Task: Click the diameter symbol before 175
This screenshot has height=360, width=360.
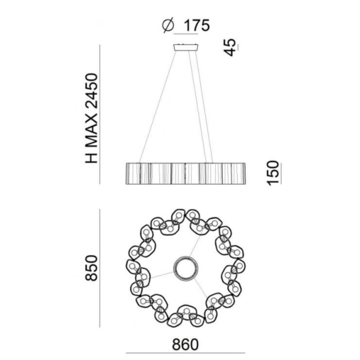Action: click(168, 25)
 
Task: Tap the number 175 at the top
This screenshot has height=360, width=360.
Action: click(197, 25)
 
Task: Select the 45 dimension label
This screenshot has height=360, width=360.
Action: click(230, 47)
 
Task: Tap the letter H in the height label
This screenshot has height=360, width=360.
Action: click(92, 158)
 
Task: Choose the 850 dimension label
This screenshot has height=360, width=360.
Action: click(91, 268)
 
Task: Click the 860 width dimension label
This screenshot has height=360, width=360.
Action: click(185, 345)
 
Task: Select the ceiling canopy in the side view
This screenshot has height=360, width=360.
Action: click(186, 47)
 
